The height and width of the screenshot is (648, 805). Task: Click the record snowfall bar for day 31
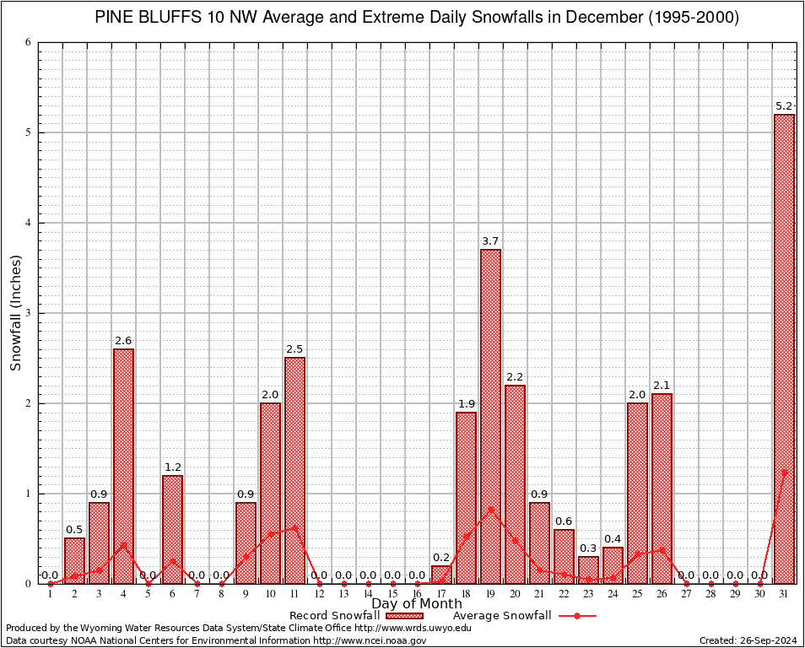tap(784, 348)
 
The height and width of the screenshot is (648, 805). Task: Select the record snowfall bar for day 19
tap(490, 416)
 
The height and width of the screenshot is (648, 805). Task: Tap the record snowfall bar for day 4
tap(123, 466)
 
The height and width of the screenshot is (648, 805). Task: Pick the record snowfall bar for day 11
tap(294, 470)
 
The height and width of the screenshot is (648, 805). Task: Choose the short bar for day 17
tap(441, 575)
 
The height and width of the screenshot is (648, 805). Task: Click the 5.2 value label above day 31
tap(784, 106)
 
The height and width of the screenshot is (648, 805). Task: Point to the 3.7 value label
tap(490, 241)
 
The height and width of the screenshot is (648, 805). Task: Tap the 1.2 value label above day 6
tap(172, 467)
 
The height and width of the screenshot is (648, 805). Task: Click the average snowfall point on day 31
tap(784, 472)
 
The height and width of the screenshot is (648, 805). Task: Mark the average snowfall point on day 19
tap(490, 510)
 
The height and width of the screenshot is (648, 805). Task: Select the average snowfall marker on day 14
tap(368, 583)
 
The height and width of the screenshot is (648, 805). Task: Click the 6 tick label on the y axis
tap(30, 42)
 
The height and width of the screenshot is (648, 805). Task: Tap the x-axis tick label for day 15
tap(392, 594)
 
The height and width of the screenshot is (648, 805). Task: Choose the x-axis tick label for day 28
tap(710, 594)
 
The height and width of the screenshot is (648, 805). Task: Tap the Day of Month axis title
tap(417, 604)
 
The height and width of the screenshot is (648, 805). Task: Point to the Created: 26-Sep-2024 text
tap(748, 640)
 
